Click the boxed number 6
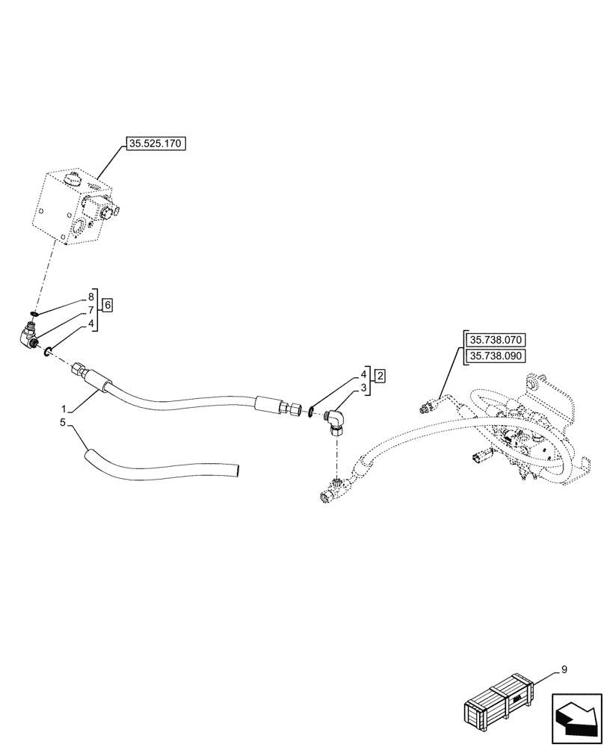coord(108,305)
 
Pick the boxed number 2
coord(380,375)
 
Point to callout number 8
coord(90,297)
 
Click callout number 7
coord(90,310)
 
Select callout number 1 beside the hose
coord(65,409)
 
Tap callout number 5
coord(64,423)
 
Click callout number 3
coord(364,388)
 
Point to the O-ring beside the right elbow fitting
coord(312,414)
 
